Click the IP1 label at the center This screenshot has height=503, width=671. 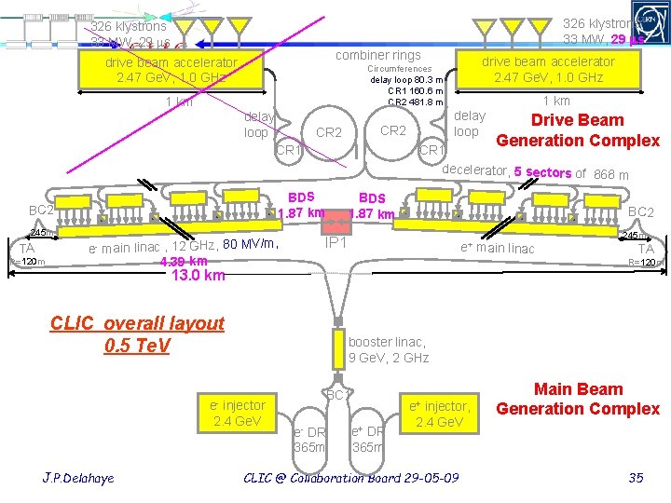[x=335, y=242]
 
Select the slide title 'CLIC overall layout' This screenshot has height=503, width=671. [x=137, y=323]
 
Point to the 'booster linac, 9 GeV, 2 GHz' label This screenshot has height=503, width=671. [x=388, y=350]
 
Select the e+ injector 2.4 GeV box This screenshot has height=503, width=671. [x=440, y=414]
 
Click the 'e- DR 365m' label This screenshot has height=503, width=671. [x=309, y=439]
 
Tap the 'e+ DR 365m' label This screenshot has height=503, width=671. [x=368, y=439]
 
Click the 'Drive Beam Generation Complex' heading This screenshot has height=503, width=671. [x=578, y=130]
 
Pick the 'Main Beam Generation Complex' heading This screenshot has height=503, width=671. [x=578, y=399]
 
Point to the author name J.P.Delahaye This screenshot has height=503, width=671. [x=78, y=478]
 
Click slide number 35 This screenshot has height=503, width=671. [x=637, y=478]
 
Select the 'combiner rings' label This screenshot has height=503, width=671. [x=378, y=56]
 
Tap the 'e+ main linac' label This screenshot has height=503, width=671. [x=498, y=248]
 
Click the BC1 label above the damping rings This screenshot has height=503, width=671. [x=336, y=395]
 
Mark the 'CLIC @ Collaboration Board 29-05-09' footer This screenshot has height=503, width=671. [x=351, y=478]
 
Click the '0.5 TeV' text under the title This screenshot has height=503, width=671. [x=137, y=346]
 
